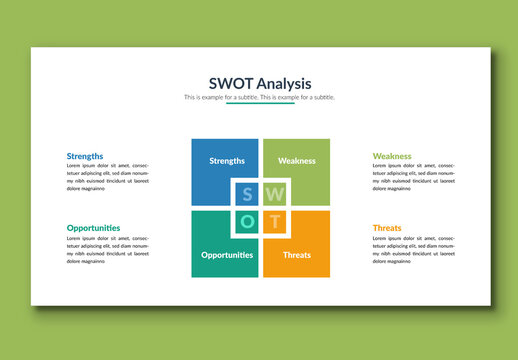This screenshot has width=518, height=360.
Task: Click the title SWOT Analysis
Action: tap(259, 83)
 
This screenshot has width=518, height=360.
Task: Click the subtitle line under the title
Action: tap(259, 97)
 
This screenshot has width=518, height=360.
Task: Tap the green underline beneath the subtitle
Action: tap(259, 104)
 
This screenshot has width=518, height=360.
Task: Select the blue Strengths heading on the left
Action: tap(85, 156)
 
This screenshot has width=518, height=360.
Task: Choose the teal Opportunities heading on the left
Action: tap(93, 228)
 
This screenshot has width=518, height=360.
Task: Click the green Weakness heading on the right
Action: tap(392, 156)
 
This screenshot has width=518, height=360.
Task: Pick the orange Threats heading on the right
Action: tap(387, 228)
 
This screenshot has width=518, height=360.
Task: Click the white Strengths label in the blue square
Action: tap(227, 160)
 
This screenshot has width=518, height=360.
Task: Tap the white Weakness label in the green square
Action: tap(296, 160)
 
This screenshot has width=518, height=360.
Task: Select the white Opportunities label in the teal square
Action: tap(226, 255)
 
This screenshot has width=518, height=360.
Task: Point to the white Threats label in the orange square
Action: tap(296, 255)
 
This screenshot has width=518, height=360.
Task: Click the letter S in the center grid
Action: tap(247, 194)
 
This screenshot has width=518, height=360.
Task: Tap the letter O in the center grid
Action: tap(247, 221)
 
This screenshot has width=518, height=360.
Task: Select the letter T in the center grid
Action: tap(275, 221)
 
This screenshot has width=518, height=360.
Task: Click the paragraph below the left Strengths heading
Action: tap(107, 177)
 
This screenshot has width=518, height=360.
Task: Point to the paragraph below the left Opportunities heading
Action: tap(107, 249)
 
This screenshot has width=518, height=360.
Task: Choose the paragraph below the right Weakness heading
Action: tap(413, 177)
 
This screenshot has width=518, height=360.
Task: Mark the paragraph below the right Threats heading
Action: tap(413, 249)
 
